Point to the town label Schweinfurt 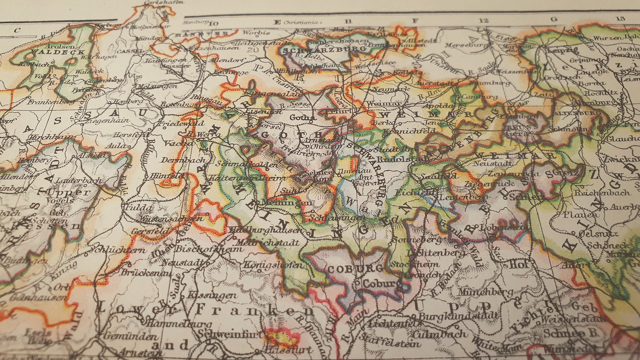point(230,334)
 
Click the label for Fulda point(139,208)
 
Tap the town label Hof point(519,264)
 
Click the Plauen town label point(580,214)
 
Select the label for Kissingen point(212,295)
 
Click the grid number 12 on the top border point(484,20)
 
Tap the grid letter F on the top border point(415,21)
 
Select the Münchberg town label point(480,292)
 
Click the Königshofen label point(273,265)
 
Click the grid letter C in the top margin point(17,30)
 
